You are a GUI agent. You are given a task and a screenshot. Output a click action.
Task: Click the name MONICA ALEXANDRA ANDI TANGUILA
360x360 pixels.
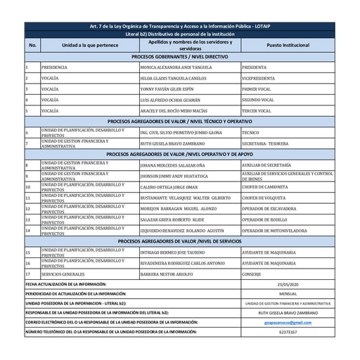point(176,67)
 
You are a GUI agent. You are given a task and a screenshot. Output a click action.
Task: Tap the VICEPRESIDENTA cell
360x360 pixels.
point(258,78)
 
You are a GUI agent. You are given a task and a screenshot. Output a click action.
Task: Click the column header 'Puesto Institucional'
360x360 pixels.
point(288,45)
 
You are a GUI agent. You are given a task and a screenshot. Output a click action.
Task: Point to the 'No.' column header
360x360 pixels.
point(32,45)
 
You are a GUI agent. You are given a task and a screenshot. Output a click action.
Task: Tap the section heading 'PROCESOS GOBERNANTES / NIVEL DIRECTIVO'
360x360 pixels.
point(179,56)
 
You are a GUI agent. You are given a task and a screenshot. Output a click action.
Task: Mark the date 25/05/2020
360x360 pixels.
point(288,284)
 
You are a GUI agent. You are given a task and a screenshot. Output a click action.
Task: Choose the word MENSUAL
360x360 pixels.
point(288,293)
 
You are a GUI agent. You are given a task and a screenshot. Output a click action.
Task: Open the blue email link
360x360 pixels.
point(288,322)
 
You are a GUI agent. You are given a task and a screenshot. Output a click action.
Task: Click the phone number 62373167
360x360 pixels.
point(288,332)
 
